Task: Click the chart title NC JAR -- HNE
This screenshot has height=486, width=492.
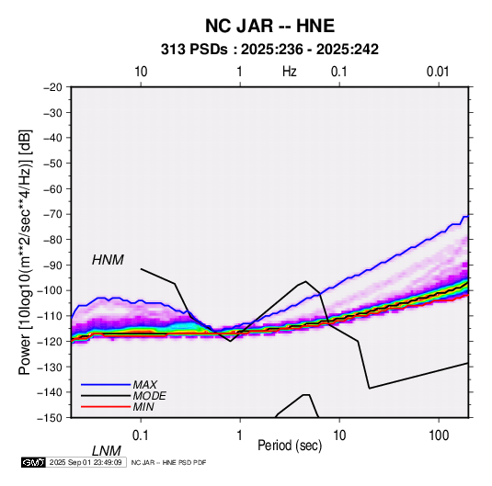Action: tap(269, 26)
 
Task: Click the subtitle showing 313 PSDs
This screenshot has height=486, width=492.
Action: tap(269, 50)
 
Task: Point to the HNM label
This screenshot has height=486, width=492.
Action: tap(108, 260)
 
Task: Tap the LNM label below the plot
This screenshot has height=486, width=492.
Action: tap(107, 451)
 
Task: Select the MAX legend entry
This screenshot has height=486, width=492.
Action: tap(144, 384)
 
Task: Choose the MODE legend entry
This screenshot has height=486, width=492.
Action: tap(149, 396)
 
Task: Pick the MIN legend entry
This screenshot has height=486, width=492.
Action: tap(143, 407)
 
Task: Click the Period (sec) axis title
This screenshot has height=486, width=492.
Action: tap(290, 445)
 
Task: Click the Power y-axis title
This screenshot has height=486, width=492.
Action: tap(25, 253)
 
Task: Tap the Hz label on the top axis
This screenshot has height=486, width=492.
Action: tap(290, 72)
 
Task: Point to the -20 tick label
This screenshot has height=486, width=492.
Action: tap(52, 87)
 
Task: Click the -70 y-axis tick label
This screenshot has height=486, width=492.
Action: tap(52, 214)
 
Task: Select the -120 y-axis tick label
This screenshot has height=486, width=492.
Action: tap(51, 342)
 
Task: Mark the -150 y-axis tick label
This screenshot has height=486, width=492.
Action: tap(51, 418)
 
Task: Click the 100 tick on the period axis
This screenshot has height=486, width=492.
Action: tap(438, 435)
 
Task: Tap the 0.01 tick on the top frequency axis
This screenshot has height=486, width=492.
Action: tap(438, 72)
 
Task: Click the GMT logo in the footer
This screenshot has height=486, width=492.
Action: tap(34, 462)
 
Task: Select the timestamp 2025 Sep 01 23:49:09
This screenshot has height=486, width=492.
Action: tap(86, 462)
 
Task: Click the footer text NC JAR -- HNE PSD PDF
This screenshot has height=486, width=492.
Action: tap(168, 462)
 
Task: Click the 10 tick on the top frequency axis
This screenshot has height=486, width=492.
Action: tap(141, 72)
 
